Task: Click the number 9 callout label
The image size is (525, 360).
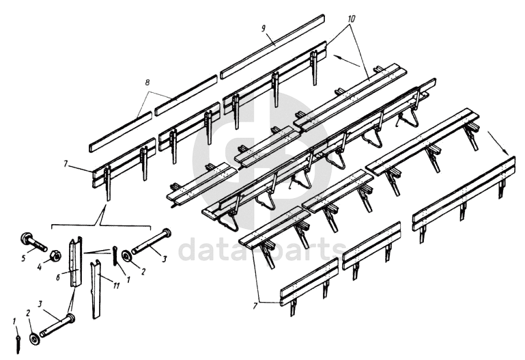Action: click(264, 28)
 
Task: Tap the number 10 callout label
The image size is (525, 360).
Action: click(350, 18)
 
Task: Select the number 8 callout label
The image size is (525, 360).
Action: click(147, 83)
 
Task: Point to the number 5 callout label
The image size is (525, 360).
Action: click(23, 258)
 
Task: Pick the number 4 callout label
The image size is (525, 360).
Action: click(40, 268)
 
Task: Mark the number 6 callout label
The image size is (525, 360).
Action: click(58, 277)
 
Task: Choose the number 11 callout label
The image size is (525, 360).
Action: click(116, 286)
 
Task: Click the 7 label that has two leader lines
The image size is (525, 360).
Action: click(255, 305)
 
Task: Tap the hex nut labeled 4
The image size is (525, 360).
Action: click(55, 256)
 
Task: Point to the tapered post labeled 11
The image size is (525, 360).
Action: click(96, 289)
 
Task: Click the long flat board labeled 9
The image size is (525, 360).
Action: click(272, 46)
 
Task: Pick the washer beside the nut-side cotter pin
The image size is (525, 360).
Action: click(127, 255)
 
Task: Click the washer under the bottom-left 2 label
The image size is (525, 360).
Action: click(34, 338)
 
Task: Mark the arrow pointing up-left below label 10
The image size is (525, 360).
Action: click(347, 61)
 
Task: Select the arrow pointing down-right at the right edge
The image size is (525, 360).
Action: click(498, 143)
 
